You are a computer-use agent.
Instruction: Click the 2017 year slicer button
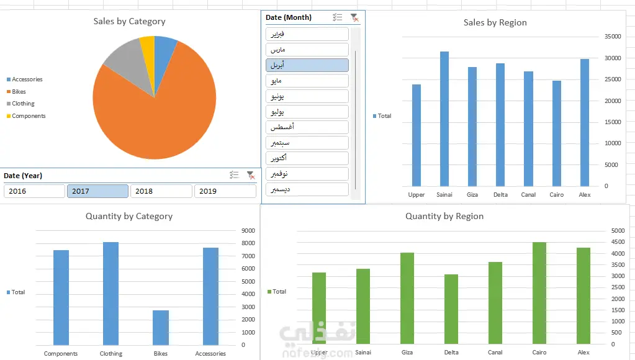[97, 191]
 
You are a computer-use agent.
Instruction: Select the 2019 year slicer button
[225, 191]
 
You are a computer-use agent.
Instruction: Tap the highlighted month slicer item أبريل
[307, 65]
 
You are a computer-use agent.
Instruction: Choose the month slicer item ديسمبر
[307, 189]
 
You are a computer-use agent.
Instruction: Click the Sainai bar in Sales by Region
[444, 119]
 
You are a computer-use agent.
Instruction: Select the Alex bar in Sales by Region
[584, 122]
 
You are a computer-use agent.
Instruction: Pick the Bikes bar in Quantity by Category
[161, 327]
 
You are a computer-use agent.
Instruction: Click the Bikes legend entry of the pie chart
[19, 92]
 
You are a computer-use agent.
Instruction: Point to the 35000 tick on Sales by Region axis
[613, 37]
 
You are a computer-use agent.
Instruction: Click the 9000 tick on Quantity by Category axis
[248, 230]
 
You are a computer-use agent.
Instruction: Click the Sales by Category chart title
[129, 21]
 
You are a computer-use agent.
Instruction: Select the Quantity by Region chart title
[444, 216]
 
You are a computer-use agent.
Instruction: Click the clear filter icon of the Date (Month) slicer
[354, 17]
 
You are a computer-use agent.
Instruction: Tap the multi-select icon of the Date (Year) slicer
[234, 176]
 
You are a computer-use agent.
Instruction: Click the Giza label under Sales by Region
[472, 195]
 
